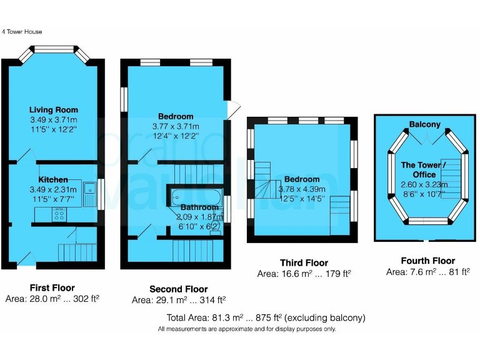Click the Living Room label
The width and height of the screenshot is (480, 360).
53,110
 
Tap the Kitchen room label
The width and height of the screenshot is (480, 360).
53,180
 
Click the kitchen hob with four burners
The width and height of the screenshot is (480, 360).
61,214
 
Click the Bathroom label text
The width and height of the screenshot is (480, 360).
199,207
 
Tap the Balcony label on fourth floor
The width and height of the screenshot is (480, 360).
425,124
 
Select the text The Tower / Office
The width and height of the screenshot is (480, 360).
424,170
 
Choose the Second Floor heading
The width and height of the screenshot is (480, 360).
179,289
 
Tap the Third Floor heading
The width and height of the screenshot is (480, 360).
304,262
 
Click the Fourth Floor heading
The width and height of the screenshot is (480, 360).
427,261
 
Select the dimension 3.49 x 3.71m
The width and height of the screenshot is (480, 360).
53,120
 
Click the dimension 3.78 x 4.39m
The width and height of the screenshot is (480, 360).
302,189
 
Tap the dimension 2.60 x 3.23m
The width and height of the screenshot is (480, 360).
424,185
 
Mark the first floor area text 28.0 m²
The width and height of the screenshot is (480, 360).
52,299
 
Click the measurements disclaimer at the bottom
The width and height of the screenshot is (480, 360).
247,329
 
